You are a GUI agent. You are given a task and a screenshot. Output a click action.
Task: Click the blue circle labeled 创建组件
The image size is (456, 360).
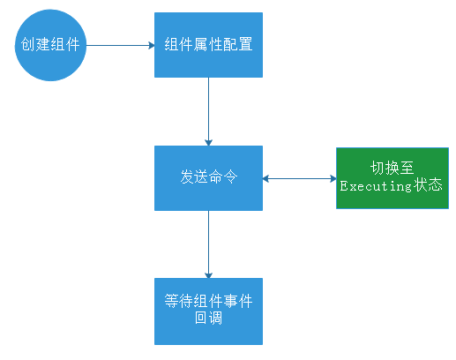click(x=50, y=45)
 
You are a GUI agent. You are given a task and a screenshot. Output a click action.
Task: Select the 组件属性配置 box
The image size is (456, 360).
click(x=208, y=45)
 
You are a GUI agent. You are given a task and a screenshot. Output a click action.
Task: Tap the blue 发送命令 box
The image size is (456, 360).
click(x=208, y=177)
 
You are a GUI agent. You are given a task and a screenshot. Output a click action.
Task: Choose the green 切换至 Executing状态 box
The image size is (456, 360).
click(x=390, y=177)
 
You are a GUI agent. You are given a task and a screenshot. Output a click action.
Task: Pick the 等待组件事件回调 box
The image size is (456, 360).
click(x=208, y=311)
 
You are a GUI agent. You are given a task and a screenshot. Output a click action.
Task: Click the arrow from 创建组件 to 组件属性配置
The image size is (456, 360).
click(x=121, y=45)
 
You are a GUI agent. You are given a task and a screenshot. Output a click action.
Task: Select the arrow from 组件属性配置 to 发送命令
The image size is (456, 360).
click(x=208, y=111)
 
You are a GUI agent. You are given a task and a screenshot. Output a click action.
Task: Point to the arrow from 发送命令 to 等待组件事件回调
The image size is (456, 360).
click(x=208, y=244)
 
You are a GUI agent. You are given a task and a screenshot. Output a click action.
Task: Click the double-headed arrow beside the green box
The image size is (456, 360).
click(x=299, y=178)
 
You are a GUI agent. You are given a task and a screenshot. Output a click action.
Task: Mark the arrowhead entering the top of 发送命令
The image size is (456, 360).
click(x=208, y=141)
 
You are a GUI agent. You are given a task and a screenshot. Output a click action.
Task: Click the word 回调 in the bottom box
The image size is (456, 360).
click(x=208, y=319)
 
